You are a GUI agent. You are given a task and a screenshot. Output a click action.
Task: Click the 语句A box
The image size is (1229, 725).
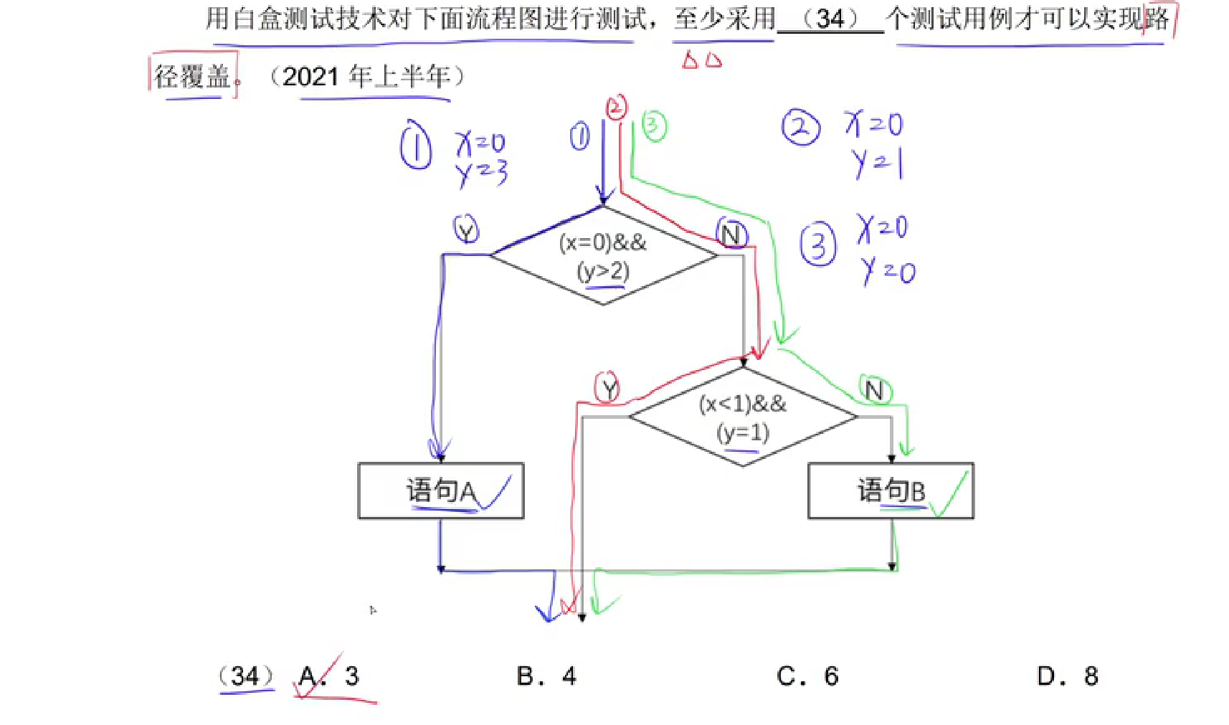pos(440,491)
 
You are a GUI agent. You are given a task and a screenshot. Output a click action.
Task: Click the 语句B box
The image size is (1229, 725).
pos(890,491)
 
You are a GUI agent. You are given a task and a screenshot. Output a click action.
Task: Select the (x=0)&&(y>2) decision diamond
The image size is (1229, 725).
pos(603,256)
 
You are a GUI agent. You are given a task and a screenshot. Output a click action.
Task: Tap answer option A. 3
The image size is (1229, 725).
pos(329,676)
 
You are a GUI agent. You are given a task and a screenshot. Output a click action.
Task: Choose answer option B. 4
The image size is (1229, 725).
pos(546,676)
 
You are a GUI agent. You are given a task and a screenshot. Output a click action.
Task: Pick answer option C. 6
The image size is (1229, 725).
pos(807,676)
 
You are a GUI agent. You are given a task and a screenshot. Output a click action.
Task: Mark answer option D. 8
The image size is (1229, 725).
pos(1068,676)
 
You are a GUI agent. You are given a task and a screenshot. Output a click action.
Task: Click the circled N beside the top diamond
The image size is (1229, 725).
pos(731,234)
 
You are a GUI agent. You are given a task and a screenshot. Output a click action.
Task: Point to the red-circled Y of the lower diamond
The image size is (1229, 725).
pos(607,389)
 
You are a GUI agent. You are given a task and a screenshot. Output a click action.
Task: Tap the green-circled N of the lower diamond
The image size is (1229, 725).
pos(875,391)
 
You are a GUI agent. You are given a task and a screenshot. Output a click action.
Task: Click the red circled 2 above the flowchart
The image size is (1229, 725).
pos(616,108)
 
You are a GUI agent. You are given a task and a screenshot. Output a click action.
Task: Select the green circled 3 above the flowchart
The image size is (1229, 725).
pos(653,126)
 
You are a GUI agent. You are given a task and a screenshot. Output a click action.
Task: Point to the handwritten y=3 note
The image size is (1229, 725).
pos(481,172)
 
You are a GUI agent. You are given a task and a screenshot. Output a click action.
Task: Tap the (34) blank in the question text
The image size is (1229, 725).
pos(830,19)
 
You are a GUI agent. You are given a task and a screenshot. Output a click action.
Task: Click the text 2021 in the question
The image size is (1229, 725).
pos(311,76)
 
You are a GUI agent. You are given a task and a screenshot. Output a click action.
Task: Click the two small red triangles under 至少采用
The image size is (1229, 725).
pos(701,60)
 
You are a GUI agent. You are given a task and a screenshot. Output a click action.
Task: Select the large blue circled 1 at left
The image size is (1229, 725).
pos(416,146)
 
